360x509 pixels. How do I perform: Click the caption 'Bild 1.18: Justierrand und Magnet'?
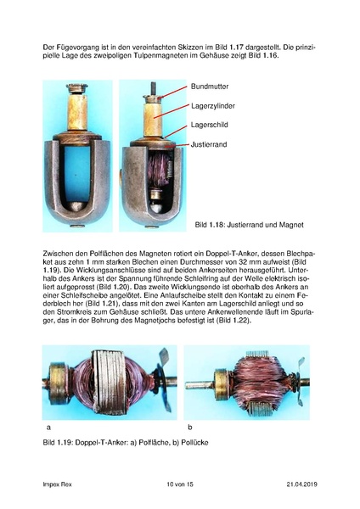pos(249,225)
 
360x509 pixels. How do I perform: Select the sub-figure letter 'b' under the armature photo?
pos(189,427)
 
